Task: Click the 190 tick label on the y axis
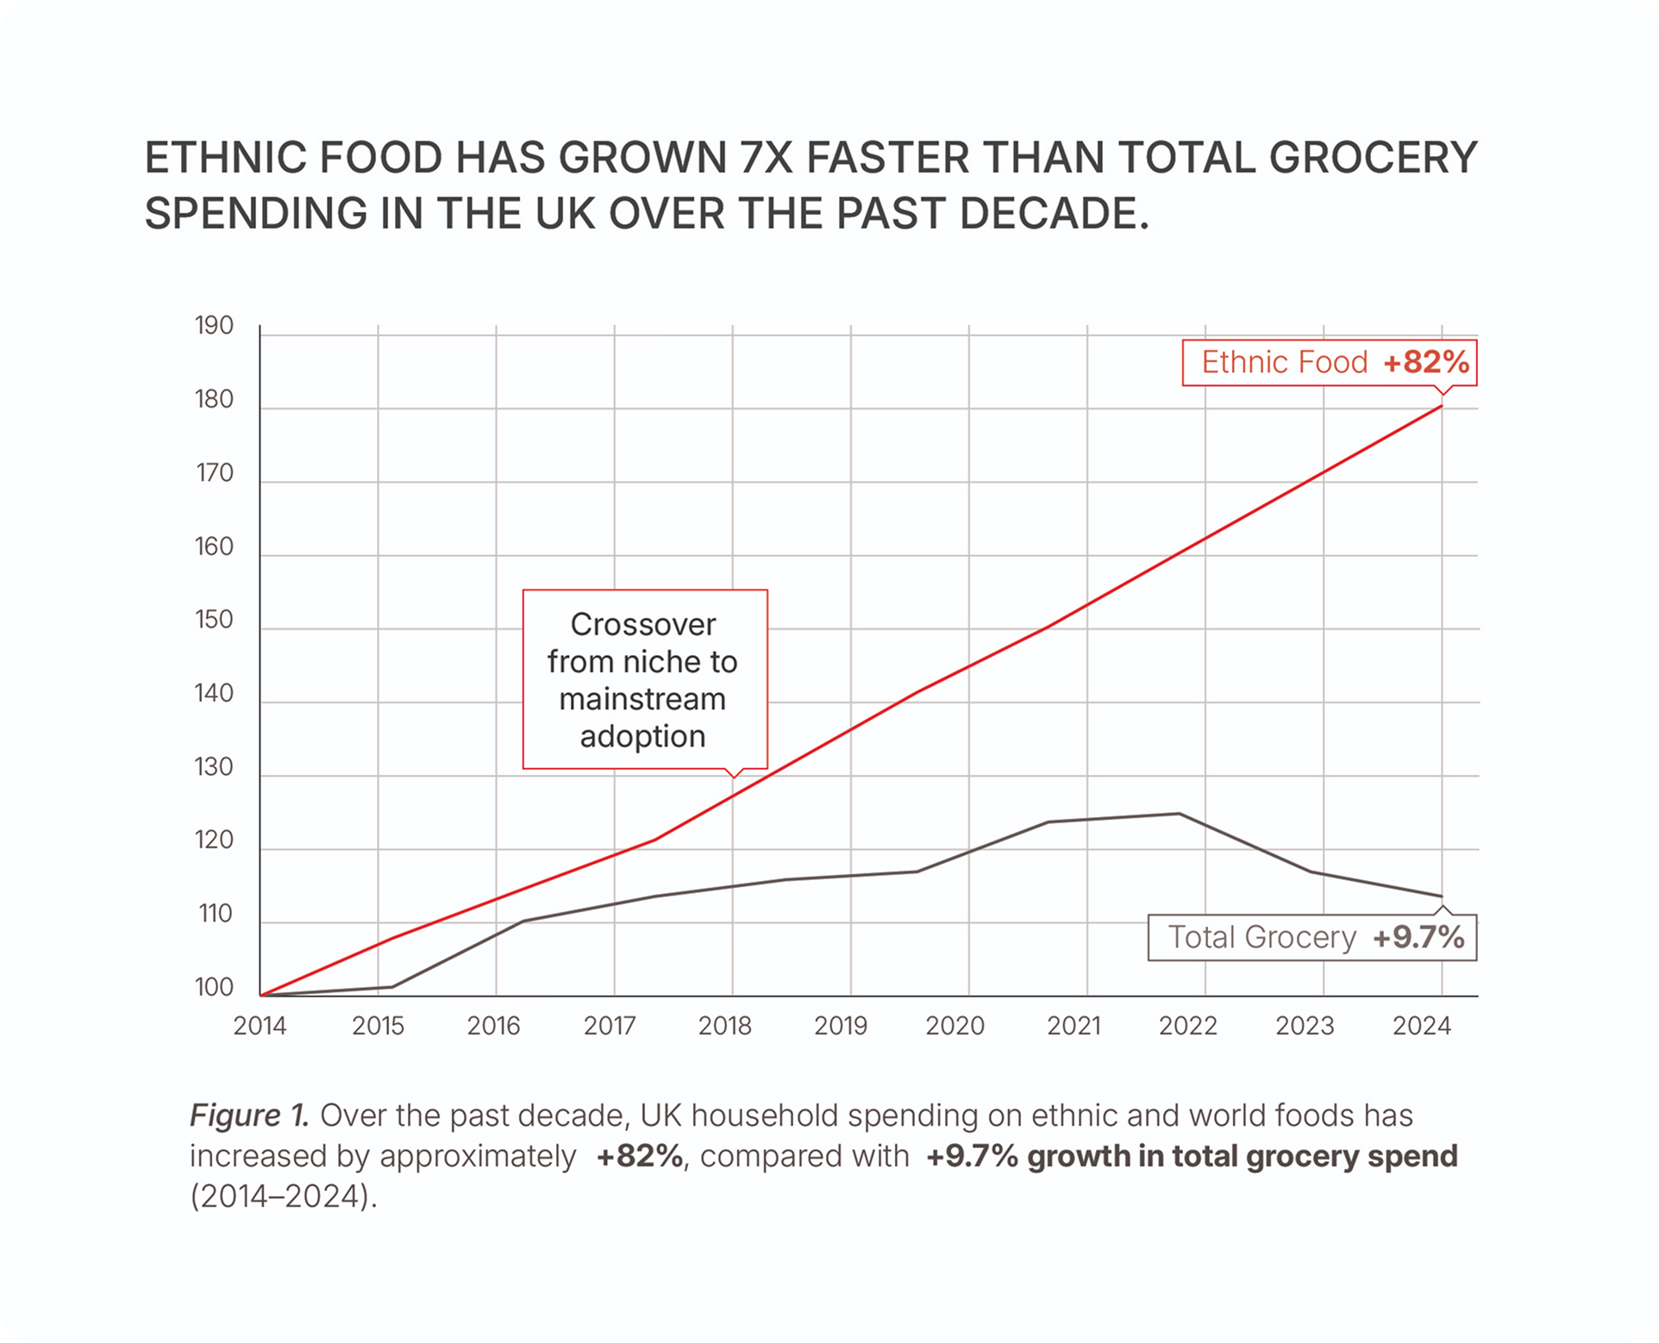pyautogui.click(x=214, y=326)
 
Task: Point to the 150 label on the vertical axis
pyautogui.click(x=214, y=620)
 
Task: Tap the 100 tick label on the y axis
pyautogui.click(x=214, y=987)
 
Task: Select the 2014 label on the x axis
pyautogui.click(x=260, y=1026)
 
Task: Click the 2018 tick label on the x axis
pyautogui.click(x=724, y=1026)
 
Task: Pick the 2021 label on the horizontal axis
pyautogui.click(x=1074, y=1026)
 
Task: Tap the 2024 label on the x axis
pyautogui.click(x=1422, y=1026)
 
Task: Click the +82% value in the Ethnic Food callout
pyautogui.click(x=1426, y=362)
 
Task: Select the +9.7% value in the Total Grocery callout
pyautogui.click(x=1418, y=937)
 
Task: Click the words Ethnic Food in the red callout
pyautogui.click(x=1284, y=362)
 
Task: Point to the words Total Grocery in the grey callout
pyautogui.click(x=1261, y=937)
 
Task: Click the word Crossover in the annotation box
pyautogui.click(x=643, y=624)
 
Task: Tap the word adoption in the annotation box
pyautogui.click(x=643, y=736)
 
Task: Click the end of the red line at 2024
pyautogui.click(x=1442, y=406)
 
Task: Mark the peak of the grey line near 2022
pyautogui.click(x=1179, y=814)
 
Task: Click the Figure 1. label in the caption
pyautogui.click(x=249, y=1115)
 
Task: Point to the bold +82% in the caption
pyautogui.click(x=639, y=1156)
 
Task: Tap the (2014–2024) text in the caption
pyautogui.click(x=283, y=1196)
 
